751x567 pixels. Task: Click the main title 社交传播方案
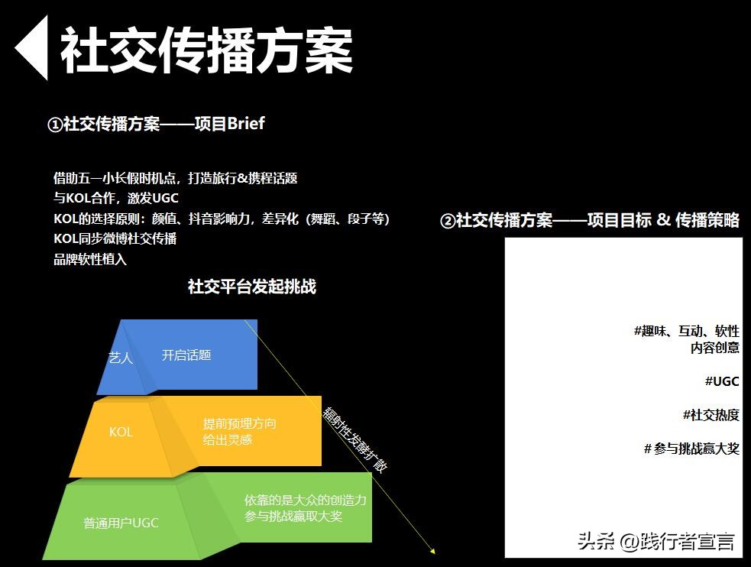206,50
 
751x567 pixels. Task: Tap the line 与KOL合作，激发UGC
115,198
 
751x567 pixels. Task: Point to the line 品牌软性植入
89,259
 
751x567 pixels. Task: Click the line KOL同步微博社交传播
115,238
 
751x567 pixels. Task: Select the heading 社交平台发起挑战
251,287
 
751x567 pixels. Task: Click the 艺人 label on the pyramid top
121,357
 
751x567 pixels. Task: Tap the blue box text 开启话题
186,355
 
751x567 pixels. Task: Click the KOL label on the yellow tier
121,432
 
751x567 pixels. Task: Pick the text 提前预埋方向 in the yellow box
239,423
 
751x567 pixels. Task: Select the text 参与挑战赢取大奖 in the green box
293,517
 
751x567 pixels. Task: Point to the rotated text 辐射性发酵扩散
354,439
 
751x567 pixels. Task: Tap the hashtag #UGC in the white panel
721,381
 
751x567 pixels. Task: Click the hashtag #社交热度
711,415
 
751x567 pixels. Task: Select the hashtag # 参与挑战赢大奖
691,449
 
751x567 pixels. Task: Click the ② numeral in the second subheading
448,221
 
